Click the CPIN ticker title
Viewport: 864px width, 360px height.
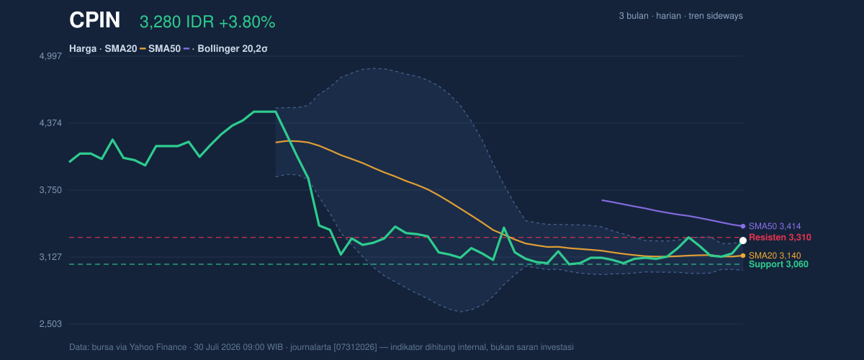[x=94, y=20]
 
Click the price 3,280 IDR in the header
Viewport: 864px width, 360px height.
[x=177, y=22]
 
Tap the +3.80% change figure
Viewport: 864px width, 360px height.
[x=247, y=22]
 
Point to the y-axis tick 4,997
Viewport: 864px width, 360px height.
[x=50, y=56]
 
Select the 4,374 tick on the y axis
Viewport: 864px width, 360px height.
[x=50, y=123]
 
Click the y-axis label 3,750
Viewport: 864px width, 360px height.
[x=50, y=190]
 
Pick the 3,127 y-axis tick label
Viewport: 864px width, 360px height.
[x=50, y=257]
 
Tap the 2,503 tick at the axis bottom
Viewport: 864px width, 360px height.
[x=50, y=324]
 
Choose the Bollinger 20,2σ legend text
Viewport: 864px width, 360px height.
[x=232, y=49]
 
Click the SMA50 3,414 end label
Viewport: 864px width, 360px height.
[x=775, y=226]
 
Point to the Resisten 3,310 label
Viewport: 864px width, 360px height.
[x=780, y=238]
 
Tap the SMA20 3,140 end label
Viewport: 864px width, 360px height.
[x=775, y=256]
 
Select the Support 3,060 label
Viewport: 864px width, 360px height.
[x=778, y=264]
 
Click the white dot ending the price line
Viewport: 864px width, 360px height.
[x=743, y=240]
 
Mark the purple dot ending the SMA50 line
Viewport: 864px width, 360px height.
[x=743, y=226]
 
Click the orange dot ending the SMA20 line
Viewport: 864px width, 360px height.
[x=743, y=256]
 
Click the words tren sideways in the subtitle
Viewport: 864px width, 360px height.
[x=716, y=16]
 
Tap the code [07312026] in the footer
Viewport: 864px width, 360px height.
[x=355, y=347]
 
